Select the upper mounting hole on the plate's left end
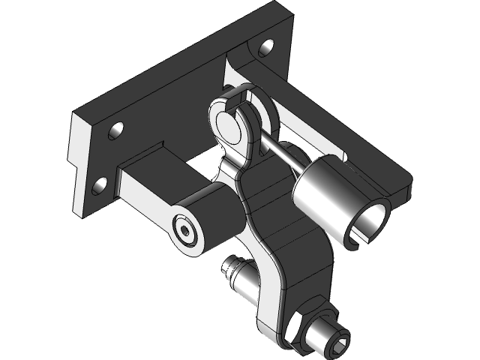point(115,131)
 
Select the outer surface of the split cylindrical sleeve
point(322,191)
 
